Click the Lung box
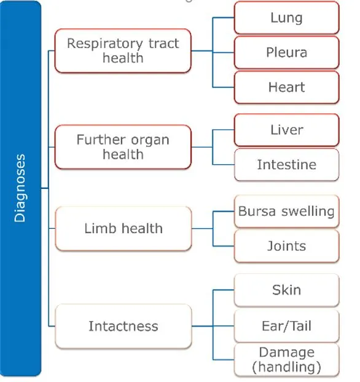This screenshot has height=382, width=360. pos(286,18)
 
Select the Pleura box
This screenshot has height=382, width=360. pos(286,52)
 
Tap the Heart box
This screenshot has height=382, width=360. pos(286,87)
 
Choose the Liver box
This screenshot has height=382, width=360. pos(286,130)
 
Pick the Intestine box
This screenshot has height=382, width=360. pos(286,164)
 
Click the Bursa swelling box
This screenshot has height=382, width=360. pos(286,211)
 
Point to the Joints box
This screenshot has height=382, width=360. pos(286,246)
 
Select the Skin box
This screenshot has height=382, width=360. pos(286,290)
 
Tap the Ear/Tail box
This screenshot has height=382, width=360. pos(286,326)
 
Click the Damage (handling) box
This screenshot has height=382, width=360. pos(286,360)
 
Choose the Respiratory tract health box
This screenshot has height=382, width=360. pos(123,50)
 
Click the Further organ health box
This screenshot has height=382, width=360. pos(123,147)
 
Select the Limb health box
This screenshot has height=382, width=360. pos(123,228)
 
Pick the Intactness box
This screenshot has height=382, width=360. pos(123,326)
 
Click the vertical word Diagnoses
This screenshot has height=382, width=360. pos(20,188)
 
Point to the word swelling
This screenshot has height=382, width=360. pos(308,212)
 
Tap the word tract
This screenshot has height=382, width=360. pos(163,43)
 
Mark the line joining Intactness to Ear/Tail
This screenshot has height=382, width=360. pos(213,326)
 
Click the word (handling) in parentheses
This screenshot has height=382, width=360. pos(286,367)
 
